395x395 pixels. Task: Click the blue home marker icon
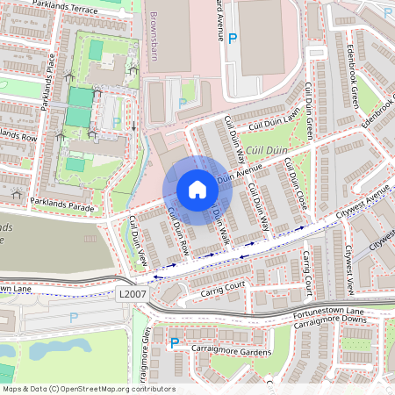click(197, 190)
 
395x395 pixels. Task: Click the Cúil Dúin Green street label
click(309, 112)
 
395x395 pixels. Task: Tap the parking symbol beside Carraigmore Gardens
click(174, 343)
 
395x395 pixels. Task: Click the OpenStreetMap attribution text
click(88, 389)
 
